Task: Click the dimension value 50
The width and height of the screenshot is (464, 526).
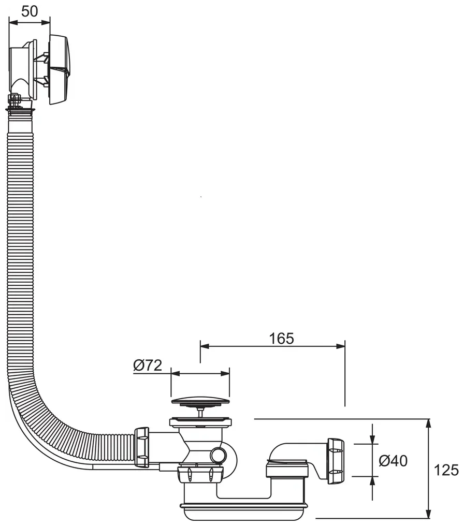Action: point(30,11)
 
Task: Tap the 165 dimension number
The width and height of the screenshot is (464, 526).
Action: point(282,339)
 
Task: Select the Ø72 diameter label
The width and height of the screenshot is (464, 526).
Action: point(148,366)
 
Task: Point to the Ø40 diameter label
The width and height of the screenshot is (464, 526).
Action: point(393,461)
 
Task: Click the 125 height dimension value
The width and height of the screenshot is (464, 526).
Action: point(446,470)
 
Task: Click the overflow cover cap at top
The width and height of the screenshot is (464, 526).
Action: point(61,69)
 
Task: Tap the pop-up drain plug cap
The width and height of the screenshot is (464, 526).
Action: point(200,401)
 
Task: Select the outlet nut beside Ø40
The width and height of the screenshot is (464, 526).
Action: point(336,461)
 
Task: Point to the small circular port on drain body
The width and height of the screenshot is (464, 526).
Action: point(219,456)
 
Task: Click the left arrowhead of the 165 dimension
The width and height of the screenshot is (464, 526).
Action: point(205,346)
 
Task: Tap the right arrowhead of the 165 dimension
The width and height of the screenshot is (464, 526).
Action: point(341,346)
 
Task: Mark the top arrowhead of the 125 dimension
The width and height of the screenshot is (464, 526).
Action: point(428,423)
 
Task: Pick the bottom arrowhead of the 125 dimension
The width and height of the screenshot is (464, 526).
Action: point(428,514)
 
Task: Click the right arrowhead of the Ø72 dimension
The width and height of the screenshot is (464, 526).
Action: point(225,373)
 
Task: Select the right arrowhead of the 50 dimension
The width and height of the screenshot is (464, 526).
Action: point(46,22)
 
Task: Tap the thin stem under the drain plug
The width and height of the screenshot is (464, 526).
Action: point(200,412)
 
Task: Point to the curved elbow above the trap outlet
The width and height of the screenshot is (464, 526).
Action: point(295,452)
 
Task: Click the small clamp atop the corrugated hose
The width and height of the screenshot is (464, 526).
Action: point(15,99)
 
